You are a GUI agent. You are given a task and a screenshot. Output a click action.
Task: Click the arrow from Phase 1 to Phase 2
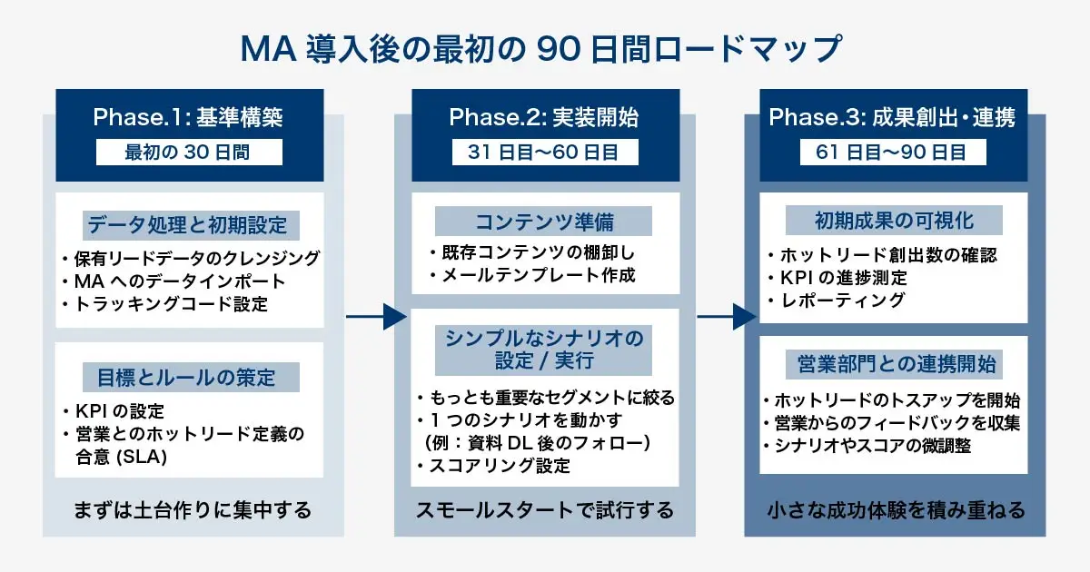[x=375, y=316]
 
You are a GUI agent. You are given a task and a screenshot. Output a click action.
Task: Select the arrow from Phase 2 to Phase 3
[x=726, y=316]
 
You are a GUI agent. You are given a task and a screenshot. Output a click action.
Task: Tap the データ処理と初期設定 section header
[x=191, y=224]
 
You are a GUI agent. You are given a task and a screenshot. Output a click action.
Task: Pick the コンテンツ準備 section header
[x=542, y=222]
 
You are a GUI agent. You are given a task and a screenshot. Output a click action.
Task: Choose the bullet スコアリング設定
[x=498, y=467]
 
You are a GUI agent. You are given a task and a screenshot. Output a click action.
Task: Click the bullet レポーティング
[x=841, y=301]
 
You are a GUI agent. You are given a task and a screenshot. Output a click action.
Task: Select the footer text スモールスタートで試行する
[x=544, y=511]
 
